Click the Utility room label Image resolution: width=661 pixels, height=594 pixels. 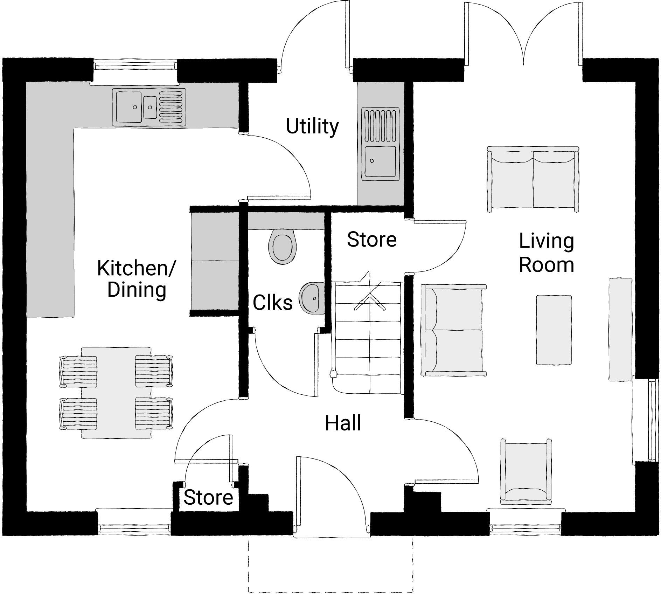pos(312,127)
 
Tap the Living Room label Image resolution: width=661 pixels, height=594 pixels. pos(546,253)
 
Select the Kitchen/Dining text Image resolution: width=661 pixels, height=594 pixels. pos(137,279)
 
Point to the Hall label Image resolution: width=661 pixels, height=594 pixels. pos(343,423)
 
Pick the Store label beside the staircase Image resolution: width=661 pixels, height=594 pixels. pos(371,240)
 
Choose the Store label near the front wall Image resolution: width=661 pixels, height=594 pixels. pos(208,497)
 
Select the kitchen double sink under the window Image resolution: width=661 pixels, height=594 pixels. pos(149,107)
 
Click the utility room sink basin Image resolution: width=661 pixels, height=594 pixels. pos(381,161)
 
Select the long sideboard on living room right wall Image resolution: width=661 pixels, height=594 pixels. pos(620,329)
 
